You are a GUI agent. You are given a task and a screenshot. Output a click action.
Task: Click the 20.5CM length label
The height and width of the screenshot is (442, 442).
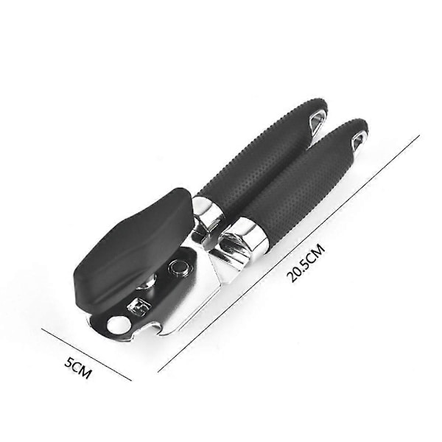pyautogui.click(x=306, y=263)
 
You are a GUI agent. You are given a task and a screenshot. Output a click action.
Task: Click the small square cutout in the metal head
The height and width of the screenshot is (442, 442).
pyautogui.click(x=139, y=306)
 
